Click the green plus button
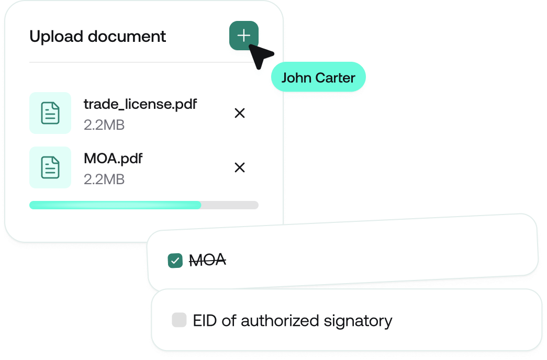(x=243, y=36)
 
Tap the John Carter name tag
(x=318, y=78)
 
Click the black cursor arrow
(x=260, y=55)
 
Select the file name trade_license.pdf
(x=140, y=104)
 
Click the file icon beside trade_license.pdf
(x=50, y=113)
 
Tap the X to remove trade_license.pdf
(x=240, y=113)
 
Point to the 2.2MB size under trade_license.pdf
(x=104, y=125)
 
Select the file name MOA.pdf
(x=113, y=158)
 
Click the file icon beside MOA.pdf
(x=50, y=167)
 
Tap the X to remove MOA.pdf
(x=240, y=167)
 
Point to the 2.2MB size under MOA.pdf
(x=104, y=179)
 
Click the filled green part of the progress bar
(x=115, y=205)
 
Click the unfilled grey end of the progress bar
(x=230, y=205)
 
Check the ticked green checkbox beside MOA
(x=175, y=260)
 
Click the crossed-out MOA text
(x=207, y=259)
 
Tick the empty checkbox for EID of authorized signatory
(x=179, y=320)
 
